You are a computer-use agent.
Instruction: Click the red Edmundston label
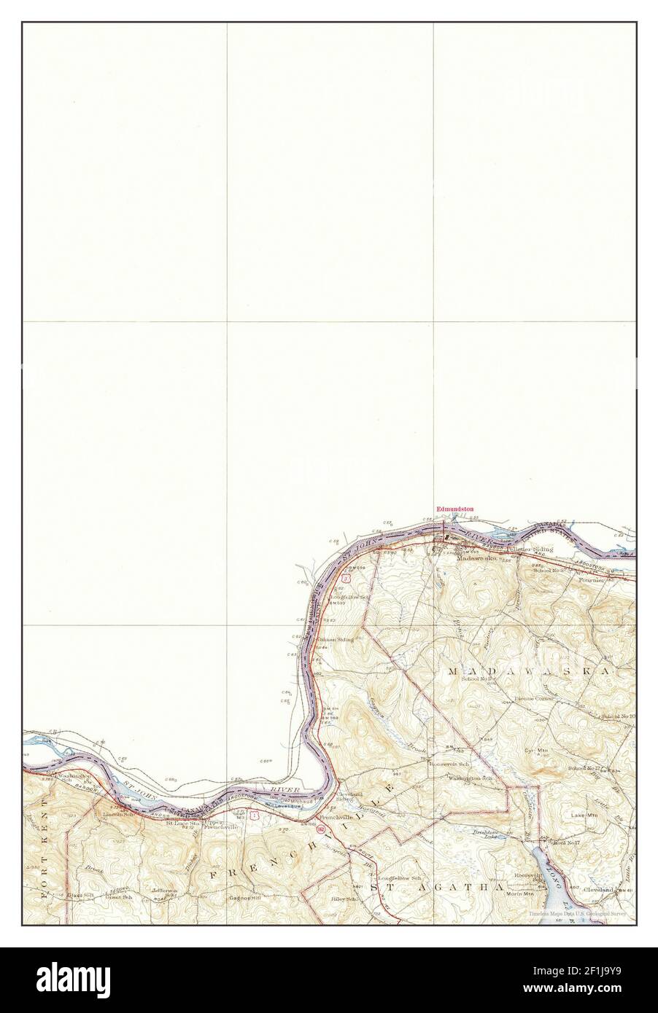454,509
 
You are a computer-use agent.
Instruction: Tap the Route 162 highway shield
322,830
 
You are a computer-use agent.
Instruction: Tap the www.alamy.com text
600,994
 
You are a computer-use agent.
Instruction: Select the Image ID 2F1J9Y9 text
600,974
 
